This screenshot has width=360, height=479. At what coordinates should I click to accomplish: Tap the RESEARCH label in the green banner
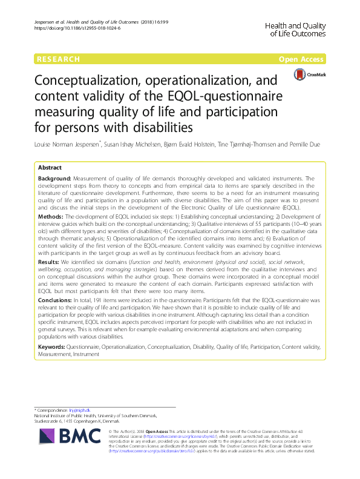[59, 59]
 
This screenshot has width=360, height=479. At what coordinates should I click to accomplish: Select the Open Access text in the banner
[302, 59]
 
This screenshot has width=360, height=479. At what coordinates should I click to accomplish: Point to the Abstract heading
[50, 167]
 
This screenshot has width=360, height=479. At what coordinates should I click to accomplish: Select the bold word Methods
[50, 216]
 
